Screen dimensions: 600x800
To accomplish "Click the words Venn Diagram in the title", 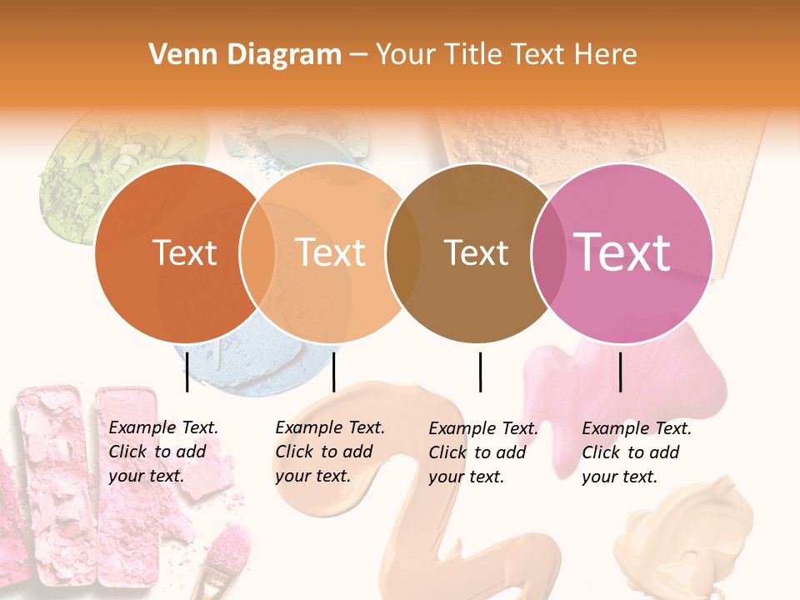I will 245,55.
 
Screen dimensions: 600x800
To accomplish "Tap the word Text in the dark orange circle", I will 184,252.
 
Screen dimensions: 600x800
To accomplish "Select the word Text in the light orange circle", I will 330,252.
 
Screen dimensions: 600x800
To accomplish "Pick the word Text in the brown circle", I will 476,252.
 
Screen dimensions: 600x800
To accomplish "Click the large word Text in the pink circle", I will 622,252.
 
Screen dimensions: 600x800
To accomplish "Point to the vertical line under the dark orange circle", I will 187,372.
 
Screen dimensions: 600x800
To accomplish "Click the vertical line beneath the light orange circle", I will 333,372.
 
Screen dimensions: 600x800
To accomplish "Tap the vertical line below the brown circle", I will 480,372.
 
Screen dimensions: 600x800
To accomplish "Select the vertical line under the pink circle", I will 620,372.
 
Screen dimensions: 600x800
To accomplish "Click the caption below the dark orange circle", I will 162,452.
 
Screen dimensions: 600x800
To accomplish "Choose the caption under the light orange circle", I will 329,452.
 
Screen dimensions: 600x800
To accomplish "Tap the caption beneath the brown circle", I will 482,452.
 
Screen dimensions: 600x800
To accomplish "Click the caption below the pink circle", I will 636,452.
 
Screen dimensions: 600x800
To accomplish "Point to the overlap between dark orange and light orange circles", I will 257,253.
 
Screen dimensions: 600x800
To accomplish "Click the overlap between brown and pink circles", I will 547,253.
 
